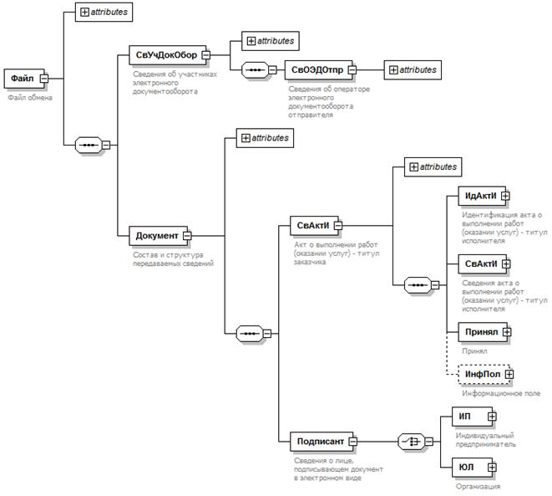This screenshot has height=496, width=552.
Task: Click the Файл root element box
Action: tap(22, 79)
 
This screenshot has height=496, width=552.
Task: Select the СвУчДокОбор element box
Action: tap(166, 56)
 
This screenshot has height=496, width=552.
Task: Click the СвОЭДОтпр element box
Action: tap(317, 70)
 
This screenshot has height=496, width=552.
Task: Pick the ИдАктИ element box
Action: tap(481, 197)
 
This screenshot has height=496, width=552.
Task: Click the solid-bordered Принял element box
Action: tap(481, 332)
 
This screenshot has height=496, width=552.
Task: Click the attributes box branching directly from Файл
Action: tap(104, 13)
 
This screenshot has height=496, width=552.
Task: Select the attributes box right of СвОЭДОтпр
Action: tap(413, 70)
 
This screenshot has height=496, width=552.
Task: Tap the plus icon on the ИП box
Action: tap(492, 416)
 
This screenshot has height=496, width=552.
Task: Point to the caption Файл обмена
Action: tap(30, 98)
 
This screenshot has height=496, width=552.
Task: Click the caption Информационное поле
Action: tap(500, 393)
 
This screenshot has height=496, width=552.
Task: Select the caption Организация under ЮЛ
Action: tap(478, 486)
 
